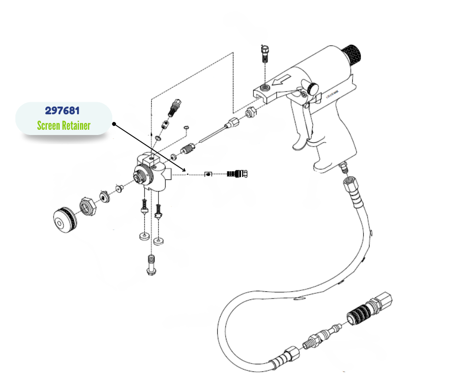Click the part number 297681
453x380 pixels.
point(63,111)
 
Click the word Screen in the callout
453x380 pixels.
point(49,126)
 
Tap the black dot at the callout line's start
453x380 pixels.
point(114,124)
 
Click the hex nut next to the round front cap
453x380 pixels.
point(88,207)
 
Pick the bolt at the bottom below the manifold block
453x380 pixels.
point(151,265)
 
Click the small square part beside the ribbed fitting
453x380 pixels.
point(208,174)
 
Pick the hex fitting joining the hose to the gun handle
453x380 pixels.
point(348,184)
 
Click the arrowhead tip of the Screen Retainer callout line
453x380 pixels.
point(185,170)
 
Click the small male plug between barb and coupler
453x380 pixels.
point(322,336)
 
